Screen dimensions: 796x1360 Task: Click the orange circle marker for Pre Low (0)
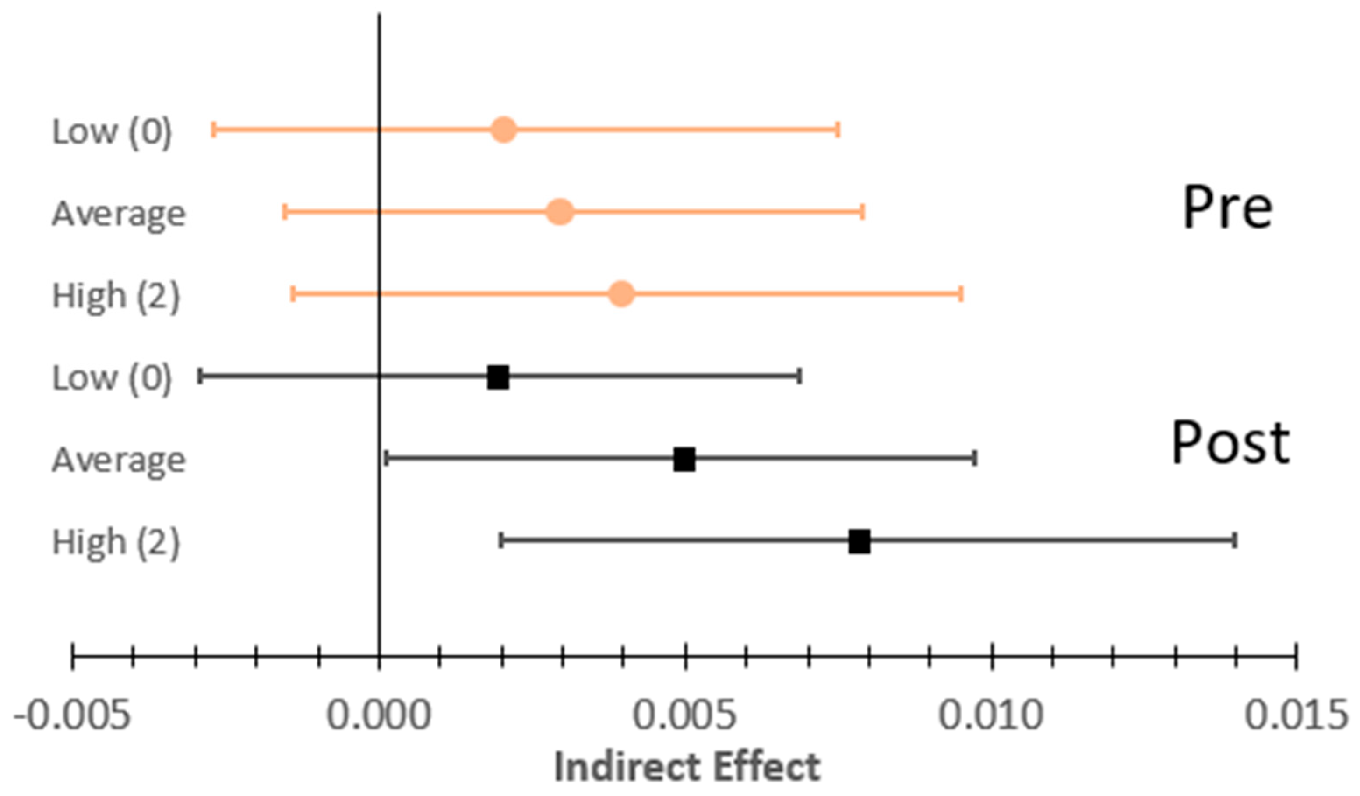[504, 130]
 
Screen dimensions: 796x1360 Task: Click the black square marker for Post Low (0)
[498, 377]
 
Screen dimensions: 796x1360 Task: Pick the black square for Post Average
[684, 459]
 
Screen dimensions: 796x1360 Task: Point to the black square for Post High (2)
[859, 541]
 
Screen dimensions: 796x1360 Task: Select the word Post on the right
[1230, 443]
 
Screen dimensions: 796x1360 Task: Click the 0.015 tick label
[1297, 715]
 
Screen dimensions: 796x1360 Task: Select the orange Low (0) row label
[112, 131]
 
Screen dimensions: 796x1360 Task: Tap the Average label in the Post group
[119, 460]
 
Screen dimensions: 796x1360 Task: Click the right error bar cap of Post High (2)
[1235, 540]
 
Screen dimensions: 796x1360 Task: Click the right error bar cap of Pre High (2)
[961, 294]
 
